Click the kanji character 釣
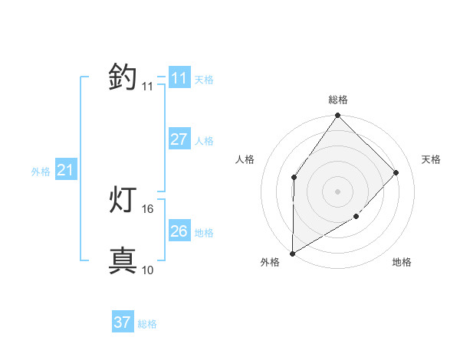tap(123, 77)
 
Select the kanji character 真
tap(123, 261)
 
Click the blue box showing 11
tap(179, 78)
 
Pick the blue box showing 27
tap(179, 139)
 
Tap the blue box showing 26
tap(179, 231)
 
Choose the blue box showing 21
tap(65, 171)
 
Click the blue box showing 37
tap(122, 322)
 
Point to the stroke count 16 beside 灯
tap(148, 208)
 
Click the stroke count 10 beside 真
tap(148, 270)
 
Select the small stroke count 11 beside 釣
tap(148, 86)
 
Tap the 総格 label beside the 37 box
tap(147, 324)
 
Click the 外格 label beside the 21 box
tap(41, 172)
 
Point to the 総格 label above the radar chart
tap(338, 100)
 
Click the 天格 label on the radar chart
tap(432, 159)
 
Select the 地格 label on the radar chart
tap(402, 263)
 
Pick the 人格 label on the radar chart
tap(245, 159)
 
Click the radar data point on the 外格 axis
tap(292, 254)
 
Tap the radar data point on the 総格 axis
tap(338, 116)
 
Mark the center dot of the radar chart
tap(338, 191)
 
